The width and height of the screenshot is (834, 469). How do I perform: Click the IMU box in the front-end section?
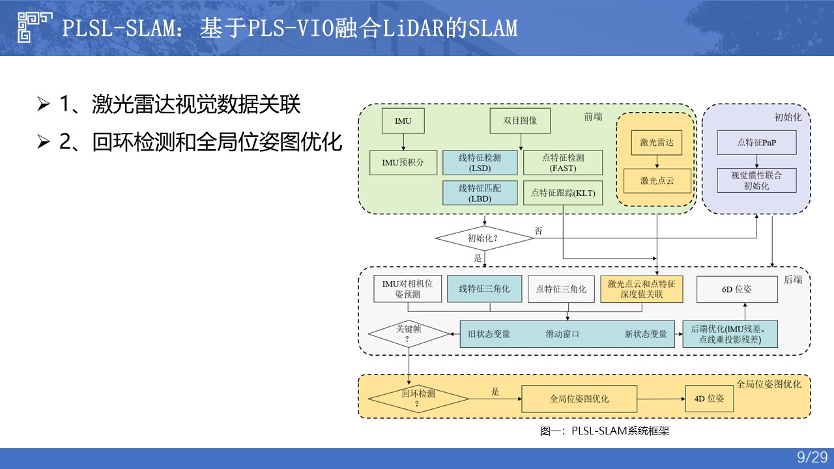tap(403, 121)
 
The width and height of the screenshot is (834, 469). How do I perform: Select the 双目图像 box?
tap(520, 121)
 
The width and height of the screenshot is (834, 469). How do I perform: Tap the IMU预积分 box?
tap(403, 162)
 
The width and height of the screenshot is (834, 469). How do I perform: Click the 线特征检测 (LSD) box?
tap(481, 162)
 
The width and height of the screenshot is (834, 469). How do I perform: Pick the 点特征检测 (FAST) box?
tap(563, 162)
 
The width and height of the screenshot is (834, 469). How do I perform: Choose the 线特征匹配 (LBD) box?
tap(481, 193)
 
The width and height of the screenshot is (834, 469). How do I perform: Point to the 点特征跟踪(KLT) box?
tap(563, 193)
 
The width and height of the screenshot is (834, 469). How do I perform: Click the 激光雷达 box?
tap(657, 143)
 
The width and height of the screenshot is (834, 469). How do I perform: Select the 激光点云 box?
tap(657, 180)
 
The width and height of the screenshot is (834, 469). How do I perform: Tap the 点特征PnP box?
tap(756, 143)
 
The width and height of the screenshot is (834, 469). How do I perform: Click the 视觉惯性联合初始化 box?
tap(756, 180)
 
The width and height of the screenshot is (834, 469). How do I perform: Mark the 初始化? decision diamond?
tap(484, 238)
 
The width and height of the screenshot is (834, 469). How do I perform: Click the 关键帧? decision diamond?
tap(409, 334)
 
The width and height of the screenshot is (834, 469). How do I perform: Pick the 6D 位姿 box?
tap(737, 289)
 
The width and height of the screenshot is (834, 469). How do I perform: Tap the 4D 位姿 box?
tap(709, 398)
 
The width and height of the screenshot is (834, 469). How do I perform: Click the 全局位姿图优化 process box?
tap(579, 398)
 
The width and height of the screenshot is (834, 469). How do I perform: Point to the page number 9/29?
tap(812, 458)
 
